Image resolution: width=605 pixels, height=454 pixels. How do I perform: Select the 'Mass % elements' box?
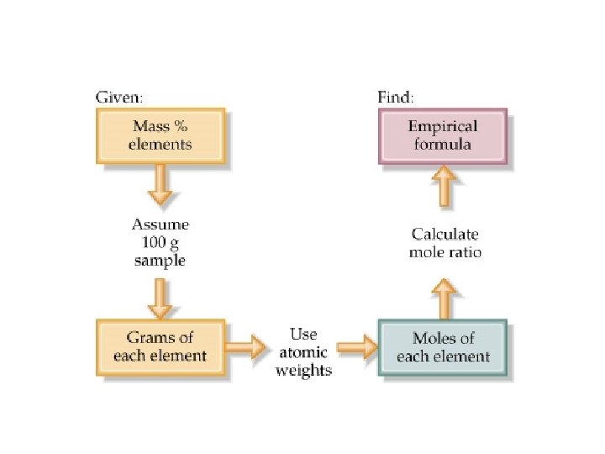[161, 135]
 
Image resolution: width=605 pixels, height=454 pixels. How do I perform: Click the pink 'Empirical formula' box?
[443, 135]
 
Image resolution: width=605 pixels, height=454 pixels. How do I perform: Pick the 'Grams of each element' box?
[160, 346]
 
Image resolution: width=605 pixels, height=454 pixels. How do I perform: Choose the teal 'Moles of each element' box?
[443, 346]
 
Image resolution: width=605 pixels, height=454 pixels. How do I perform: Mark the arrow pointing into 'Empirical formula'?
[444, 187]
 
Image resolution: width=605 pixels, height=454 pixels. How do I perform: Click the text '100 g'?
[160, 243]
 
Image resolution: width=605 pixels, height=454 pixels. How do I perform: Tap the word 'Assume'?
[160, 225]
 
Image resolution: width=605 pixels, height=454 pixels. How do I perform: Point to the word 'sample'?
[160, 260]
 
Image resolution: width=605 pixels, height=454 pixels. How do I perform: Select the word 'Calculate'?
[445, 235]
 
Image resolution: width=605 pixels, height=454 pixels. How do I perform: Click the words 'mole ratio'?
[445, 252]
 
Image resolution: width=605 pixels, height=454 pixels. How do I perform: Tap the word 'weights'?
[304, 370]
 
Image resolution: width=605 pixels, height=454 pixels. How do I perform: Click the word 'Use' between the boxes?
[303, 334]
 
